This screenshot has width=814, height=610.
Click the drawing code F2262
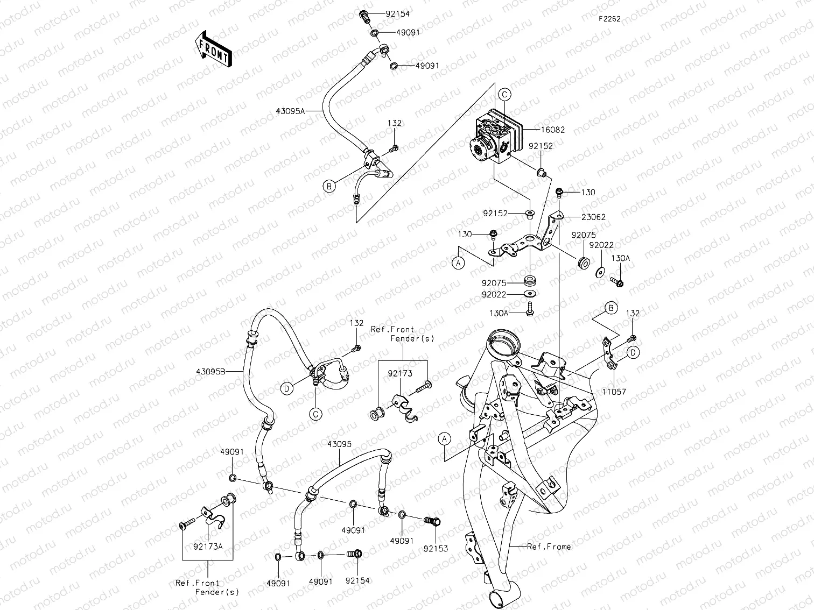(x=609, y=19)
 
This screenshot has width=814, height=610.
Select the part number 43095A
(x=290, y=111)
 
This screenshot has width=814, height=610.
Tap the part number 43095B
(x=210, y=372)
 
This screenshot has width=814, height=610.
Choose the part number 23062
(x=593, y=217)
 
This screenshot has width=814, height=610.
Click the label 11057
(x=614, y=392)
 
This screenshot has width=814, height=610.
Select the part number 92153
(x=435, y=549)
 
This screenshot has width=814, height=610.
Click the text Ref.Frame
(x=549, y=547)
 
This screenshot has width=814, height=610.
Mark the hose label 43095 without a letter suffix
(x=339, y=444)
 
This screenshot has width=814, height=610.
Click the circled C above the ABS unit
(x=504, y=95)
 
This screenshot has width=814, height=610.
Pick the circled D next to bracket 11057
(x=633, y=353)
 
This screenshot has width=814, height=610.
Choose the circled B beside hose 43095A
(x=329, y=186)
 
